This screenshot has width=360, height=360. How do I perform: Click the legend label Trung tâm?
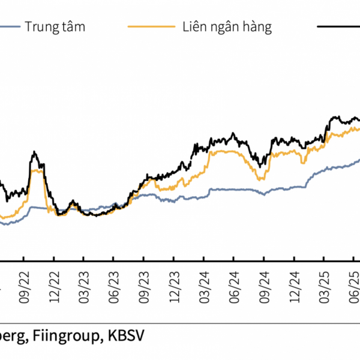coord(55,27)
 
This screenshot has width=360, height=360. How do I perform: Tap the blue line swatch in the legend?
coord(9,27)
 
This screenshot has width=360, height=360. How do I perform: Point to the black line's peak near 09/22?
coord(35,152)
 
